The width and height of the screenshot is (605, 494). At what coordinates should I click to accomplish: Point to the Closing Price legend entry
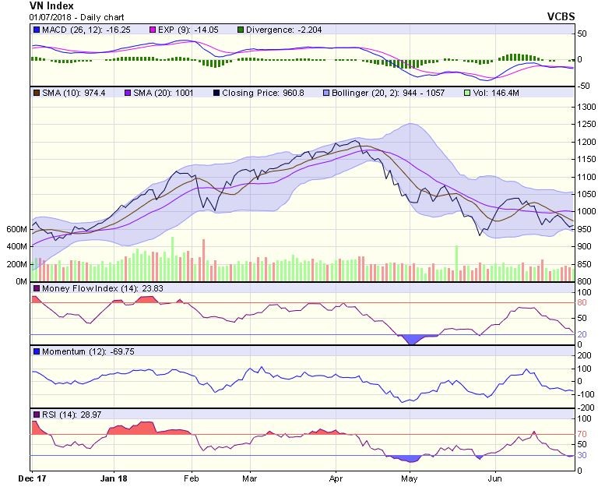click(254, 93)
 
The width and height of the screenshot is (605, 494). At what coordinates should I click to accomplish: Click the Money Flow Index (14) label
click(86, 288)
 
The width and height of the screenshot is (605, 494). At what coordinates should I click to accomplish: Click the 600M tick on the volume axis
click(16, 229)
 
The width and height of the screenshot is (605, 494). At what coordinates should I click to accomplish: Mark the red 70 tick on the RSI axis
click(581, 434)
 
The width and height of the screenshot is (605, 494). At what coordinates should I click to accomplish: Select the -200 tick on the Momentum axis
click(586, 408)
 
